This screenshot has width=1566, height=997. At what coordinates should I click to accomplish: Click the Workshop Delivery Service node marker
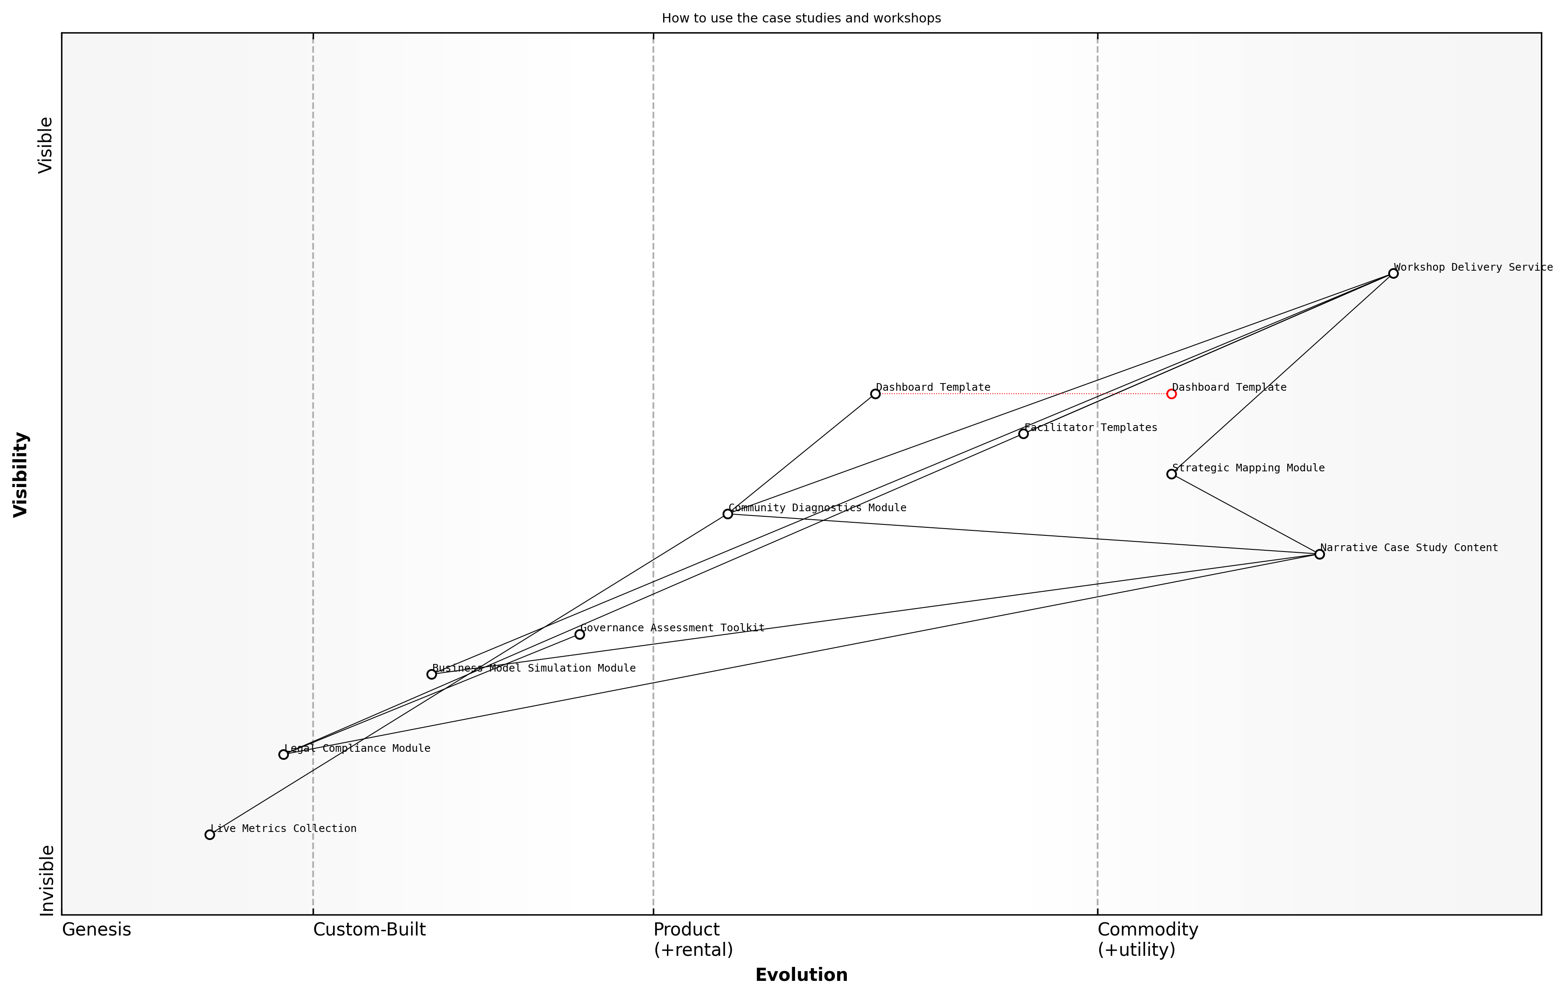tap(1393, 273)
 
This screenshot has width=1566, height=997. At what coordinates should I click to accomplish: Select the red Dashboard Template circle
tap(1171, 393)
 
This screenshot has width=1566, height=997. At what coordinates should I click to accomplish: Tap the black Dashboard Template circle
tap(875, 393)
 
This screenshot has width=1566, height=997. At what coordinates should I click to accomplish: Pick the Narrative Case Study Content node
tap(1319, 554)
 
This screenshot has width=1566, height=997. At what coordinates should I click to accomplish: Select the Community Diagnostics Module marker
tap(728, 514)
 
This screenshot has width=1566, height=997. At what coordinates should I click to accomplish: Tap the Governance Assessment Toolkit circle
tap(580, 634)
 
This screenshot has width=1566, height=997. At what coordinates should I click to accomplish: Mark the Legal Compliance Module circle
tap(283, 754)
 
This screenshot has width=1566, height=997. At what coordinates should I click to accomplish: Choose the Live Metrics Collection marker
tap(210, 835)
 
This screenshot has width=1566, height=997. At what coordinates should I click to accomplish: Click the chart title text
tap(801, 18)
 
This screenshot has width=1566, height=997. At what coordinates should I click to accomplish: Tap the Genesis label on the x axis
tap(96, 930)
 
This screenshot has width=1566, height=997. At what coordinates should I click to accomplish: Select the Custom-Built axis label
tap(370, 930)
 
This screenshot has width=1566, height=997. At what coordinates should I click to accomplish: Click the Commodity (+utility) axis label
tap(1147, 940)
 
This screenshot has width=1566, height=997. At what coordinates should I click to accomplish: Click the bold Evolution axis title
tap(801, 975)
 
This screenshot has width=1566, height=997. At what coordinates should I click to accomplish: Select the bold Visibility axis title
tap(21, 474)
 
